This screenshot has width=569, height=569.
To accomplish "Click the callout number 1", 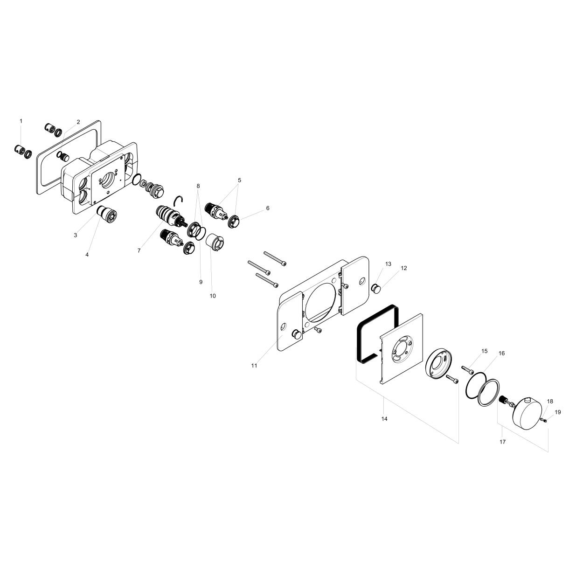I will click(21, 121).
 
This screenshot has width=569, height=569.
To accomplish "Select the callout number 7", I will click(139, 251).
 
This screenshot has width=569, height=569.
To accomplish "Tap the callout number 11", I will click(254, 366).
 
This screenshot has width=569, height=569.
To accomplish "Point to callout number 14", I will click(384, 419).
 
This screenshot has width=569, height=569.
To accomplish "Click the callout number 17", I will click(502, 441).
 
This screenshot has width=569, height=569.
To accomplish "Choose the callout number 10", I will click(213, 296).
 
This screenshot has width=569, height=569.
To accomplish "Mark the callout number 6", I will click(268, 208).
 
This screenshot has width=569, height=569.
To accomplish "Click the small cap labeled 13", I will click(375, 288).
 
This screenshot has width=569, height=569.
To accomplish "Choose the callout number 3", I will click(75, 235).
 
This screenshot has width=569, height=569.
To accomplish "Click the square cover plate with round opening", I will click(401, 349).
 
